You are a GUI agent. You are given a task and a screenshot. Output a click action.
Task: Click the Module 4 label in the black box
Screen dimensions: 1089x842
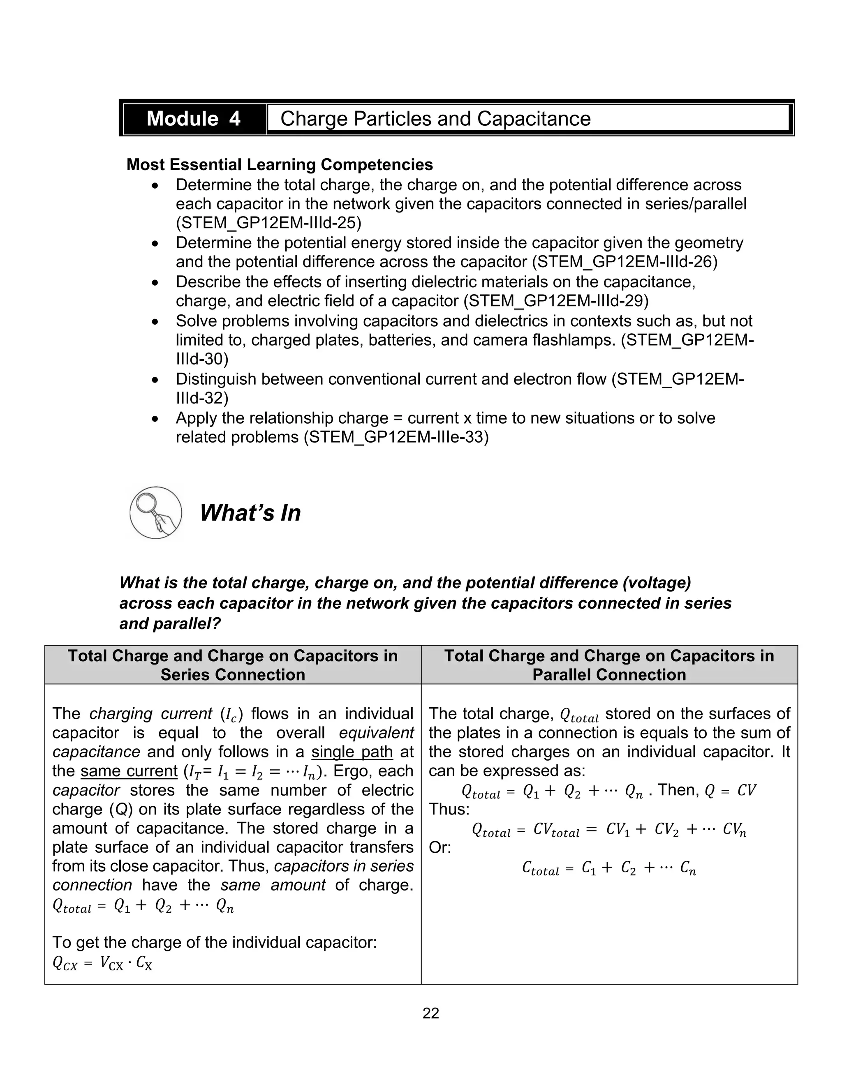(194, 119)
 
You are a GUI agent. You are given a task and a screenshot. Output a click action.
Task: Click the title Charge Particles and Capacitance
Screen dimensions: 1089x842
(435, 119)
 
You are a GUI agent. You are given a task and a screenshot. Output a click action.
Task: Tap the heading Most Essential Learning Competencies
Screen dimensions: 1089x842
(279, 164)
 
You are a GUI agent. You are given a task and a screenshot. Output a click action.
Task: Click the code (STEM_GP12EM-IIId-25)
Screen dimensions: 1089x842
(268, 223)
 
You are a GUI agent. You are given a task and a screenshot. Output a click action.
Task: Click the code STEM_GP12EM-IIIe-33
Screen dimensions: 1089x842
(397, 437)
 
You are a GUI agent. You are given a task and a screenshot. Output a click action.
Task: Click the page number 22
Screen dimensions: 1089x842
(430, 1013)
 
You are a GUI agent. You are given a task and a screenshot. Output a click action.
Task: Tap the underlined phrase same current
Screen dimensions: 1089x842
(129, 771)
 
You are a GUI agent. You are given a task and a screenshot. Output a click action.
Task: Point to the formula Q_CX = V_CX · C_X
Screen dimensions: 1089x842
(102, 963)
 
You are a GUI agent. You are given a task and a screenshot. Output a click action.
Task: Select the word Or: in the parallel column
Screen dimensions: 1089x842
(440, 848)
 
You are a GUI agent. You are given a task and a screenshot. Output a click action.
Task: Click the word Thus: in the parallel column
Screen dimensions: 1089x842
(449, 809)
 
